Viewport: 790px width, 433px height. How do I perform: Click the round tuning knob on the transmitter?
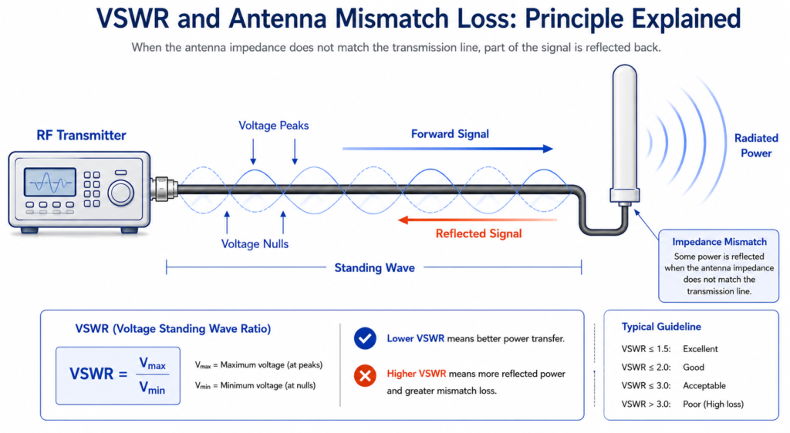click(120, 193)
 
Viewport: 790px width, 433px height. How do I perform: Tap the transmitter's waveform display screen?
click(50, 182)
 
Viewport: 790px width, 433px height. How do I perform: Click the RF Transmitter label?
click(81, 136)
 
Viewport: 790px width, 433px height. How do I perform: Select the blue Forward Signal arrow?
click(447, 149)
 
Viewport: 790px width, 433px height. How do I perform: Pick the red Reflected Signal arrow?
click(478, 220)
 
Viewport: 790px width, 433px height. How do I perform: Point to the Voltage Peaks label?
click(274, 126)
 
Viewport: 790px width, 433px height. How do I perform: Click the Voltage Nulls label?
click(255, 244)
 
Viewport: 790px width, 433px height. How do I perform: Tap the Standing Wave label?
click(375, 267)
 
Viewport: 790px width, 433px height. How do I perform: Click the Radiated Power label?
click(756, 146)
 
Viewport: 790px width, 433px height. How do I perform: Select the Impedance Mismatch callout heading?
click(719, 242)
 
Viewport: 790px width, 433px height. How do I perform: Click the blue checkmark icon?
click(365, 338)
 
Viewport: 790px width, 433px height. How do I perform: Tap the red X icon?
click(365, 376)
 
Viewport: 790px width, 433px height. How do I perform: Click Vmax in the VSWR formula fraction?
click(152, 364)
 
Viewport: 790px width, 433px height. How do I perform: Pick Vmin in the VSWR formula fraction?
click(152, 388)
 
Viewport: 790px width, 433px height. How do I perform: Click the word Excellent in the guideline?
click(701, 349)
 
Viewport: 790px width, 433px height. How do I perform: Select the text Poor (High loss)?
click(713, 404)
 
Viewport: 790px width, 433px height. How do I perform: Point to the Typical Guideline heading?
click(661, 327)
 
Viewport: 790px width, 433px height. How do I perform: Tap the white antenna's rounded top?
click(625, 73)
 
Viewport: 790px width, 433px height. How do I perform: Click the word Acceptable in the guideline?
click(704, 386)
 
